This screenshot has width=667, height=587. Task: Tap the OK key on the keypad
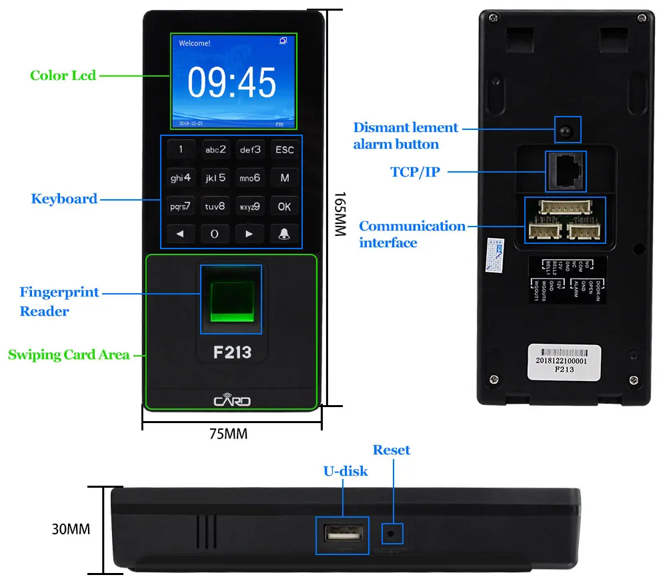click(x=285, y=207)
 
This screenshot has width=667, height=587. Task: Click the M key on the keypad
click(x=285, y=178)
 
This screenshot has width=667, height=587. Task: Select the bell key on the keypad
click(x=285, y=234)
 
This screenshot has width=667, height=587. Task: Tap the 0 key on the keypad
click(x=215, y=234)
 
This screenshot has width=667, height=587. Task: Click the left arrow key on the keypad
click(x=180, y=234)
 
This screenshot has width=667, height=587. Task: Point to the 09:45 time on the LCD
click(x=231, y=83)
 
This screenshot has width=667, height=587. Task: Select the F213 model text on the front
click(x=232, y=352)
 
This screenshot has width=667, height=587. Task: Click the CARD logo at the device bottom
click(x=232, y=400)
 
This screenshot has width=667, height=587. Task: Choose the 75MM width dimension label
click(x=229, y=434)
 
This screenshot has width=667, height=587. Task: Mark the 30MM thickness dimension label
click(x=71, y=530)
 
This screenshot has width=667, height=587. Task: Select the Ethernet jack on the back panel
click(x=565, y=171)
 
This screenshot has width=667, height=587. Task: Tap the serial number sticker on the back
click(x=564, y=362)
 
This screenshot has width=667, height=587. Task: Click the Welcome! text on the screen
click(x=195, y=43)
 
